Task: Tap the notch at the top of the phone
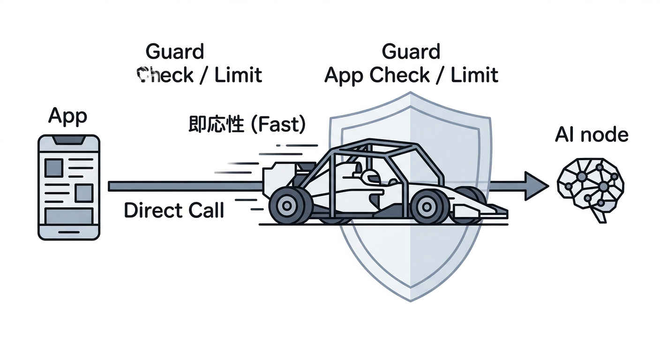tap(69, 140)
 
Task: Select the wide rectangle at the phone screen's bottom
tap(68, 217)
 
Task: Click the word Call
tap(203, 211)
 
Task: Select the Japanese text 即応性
tap(216, 125)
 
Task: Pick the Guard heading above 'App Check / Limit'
tap(411, 51)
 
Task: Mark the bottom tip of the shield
tap(411, 300)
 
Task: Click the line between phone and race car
tap(185, 186)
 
